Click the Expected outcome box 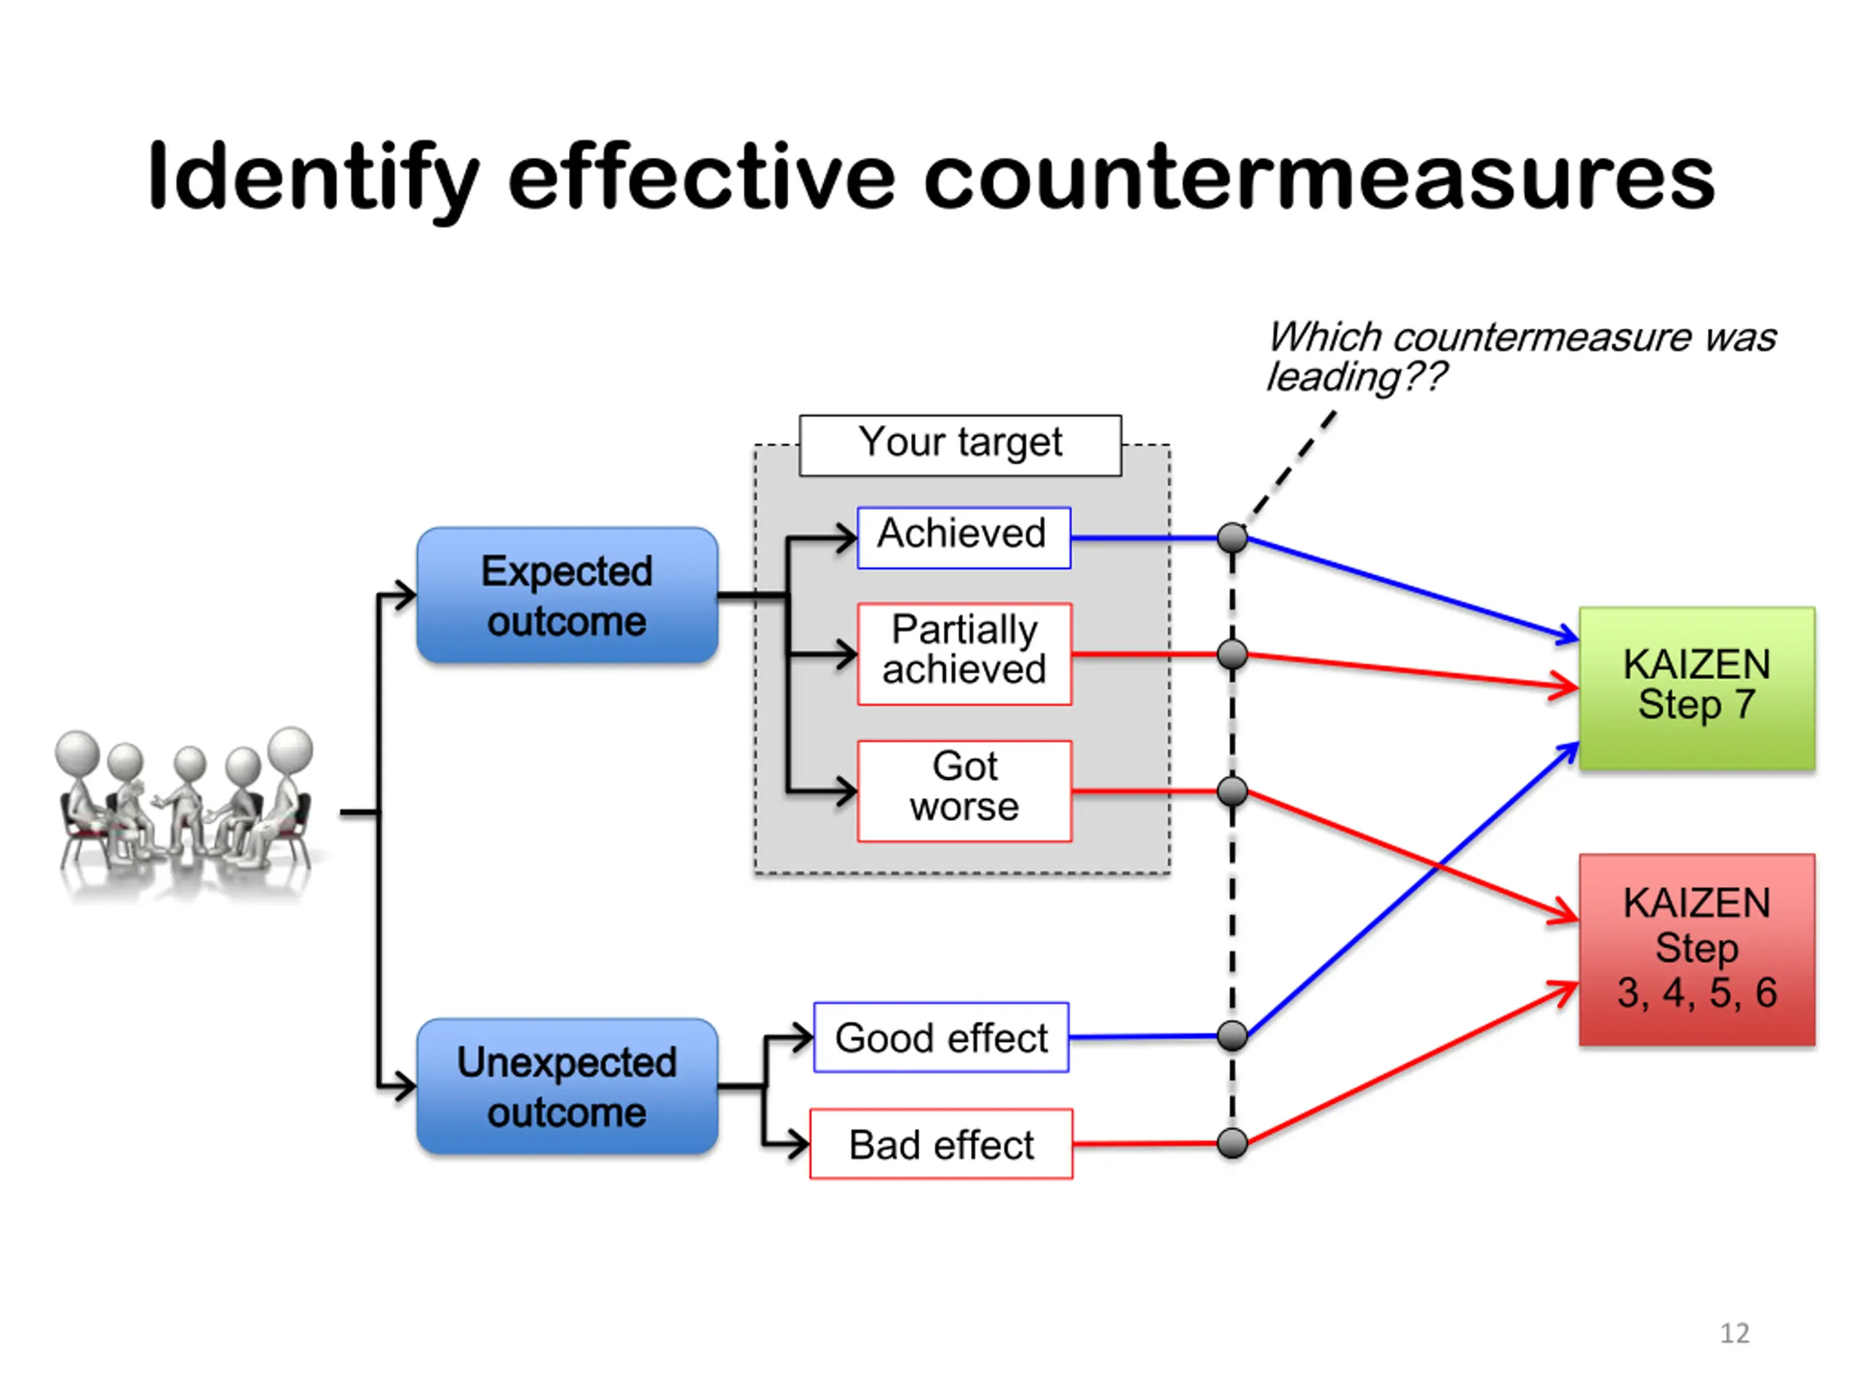(x=567, y=595)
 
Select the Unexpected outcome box (x=567, y=1086)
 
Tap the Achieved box (x=964, y=537)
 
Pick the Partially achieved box (x=964, y=653)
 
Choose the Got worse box (x=964, y=791)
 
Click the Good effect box (x=941, y=1037)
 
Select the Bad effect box (x=941, y=1144)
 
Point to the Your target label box (x=960, y=445)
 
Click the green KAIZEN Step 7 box (x=1696, y=688)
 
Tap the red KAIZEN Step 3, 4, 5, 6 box (x=1696, y=949)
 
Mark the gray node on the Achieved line (x=1232, y=537)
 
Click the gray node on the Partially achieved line (x=1232, y=653)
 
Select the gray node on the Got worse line (x=1232, y=791)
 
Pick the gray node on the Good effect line (x=1232, y=1036)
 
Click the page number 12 (x=1734, y=1333)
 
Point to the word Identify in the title (x=314, y=181)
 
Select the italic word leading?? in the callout (x=1356, y=377)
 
